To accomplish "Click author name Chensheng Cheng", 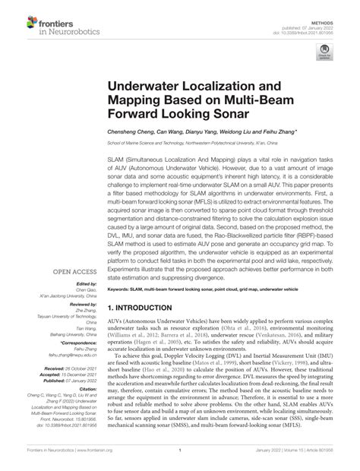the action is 134,132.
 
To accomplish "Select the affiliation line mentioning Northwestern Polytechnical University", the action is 212,142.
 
